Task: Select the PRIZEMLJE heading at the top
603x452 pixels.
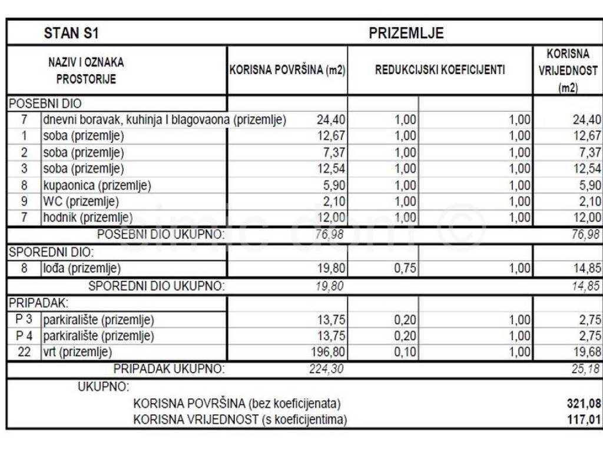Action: tap(406, 33)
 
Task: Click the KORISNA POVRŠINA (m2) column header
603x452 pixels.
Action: tap(287, 70)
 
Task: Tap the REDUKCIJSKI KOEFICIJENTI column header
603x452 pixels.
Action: tap(440, 70)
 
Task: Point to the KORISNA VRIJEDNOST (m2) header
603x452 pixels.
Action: tap(568, 71)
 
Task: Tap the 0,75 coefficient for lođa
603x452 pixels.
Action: tap(405, 269)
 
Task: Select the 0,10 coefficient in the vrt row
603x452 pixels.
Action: tap(405, 353)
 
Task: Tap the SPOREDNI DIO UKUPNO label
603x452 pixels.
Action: tap(157, 286)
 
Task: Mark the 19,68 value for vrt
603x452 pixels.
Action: tap(585, 353)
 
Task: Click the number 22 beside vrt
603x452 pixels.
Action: tap(24, 353)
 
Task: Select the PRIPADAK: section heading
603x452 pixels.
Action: tap(38, 303)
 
